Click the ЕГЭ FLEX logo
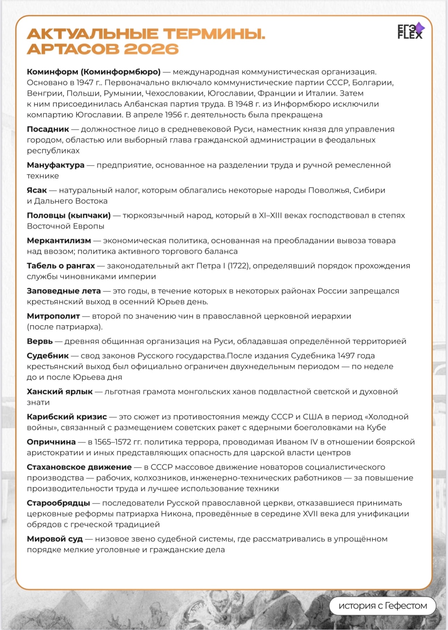(x=410, y=31)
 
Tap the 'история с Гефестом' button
(x=382, y=605)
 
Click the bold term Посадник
(x=48, y=129)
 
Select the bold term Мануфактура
(x=56, y=165)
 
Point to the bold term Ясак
(x=37, y=190)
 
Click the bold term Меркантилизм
(x=59, y=241)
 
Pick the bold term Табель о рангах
(x=61, y=266)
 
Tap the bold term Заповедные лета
(x=64, y=291)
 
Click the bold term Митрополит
(x=53, y=316)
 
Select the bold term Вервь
(x=40, y=341)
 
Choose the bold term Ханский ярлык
(x=60, y=392)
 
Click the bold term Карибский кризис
(x=67, y=417)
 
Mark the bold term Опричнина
(x=51, y=442)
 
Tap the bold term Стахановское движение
(x=79, y=467)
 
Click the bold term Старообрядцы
(x=58, y=503)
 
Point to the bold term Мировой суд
(x=55, y=539)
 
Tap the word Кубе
(x=376, y=428)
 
